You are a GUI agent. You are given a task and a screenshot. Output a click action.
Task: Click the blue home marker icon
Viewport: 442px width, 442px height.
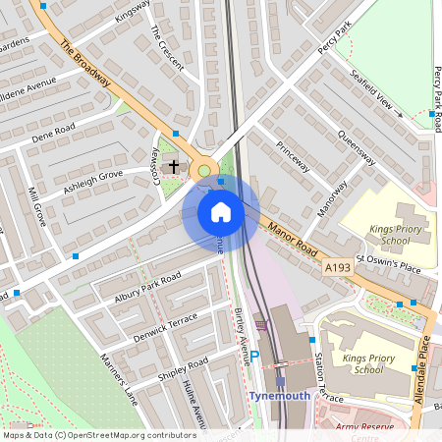click(x=221, y=212)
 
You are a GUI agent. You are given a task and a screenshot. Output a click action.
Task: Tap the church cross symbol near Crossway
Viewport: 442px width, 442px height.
click(x=174, y=166)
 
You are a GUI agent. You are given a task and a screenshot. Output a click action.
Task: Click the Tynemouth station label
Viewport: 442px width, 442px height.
click(x=279, y=396)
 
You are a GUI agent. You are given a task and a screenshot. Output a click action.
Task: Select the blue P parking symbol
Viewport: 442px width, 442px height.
click(x=253, y=358)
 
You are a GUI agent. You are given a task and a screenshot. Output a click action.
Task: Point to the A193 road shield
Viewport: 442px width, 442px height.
click(x=337, y=266)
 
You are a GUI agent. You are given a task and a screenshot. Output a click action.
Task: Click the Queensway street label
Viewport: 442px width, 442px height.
click(x=355, y=146)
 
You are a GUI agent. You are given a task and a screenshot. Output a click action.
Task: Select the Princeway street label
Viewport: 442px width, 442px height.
click(x=293, y=156)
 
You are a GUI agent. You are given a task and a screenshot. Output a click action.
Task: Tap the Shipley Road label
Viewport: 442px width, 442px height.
click(x=183, y=369)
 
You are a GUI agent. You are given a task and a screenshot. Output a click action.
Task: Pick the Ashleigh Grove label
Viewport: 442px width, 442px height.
click(x=93, y=182)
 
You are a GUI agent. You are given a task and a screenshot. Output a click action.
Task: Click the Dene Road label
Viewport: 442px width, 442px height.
click(x=53, y=134)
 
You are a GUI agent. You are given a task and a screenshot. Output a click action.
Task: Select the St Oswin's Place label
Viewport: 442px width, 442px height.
click(x=387, y=261)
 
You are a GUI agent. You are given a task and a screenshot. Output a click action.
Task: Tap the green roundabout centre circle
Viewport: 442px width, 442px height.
click(x=204, y=171)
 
